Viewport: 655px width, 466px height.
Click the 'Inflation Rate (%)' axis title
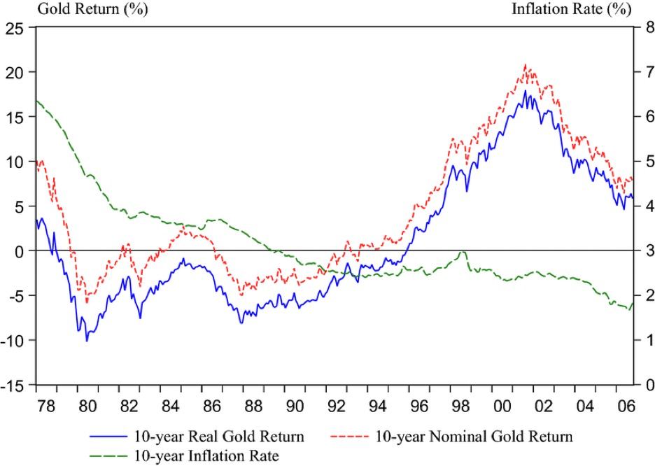572,9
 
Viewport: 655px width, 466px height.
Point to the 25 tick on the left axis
15,27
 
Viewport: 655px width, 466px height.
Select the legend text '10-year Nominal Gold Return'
474,437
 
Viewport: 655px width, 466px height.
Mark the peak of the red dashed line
526,65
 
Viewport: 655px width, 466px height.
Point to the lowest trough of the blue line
87,341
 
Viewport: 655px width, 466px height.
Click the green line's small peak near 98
463,253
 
